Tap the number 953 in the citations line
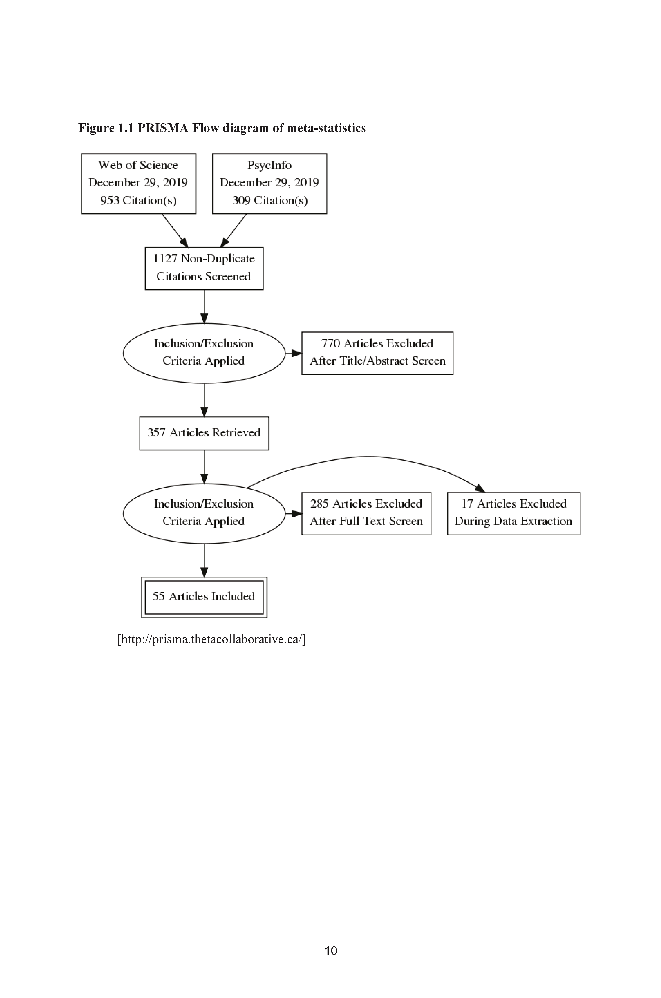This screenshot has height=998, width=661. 110,200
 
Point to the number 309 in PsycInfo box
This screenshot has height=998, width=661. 242,200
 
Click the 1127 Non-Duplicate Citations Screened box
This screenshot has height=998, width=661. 204,268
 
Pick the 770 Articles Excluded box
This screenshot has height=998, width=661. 377,353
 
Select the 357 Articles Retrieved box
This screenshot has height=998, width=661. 204,433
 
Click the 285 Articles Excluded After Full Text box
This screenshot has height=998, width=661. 366,513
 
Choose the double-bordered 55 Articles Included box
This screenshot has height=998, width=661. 204,597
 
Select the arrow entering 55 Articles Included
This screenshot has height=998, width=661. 204,560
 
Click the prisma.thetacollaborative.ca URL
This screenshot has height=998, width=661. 212,639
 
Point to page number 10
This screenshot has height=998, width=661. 331,950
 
